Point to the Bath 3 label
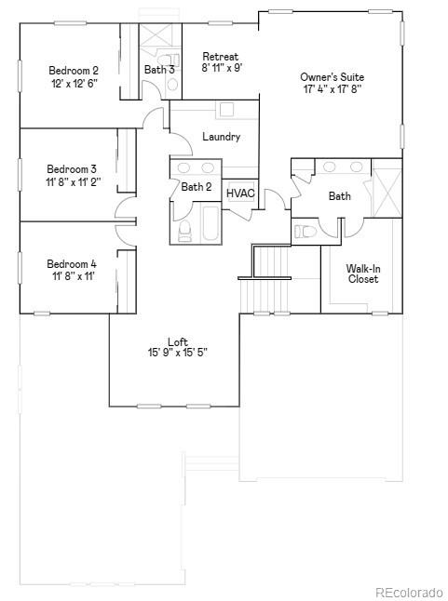(x=159, y=70)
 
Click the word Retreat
(x=220, y=57)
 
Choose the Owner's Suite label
(x=332, y=76)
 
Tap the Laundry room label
(x=222, y=137)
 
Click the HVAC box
(x=241, y=194)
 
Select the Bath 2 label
(x=197, y=187)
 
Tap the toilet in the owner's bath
(x=305, y=231)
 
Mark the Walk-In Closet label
(x=362, y=274)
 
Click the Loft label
(x=178, y=341)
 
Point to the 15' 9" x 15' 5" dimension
(x=178, y=353)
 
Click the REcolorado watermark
(x=409, y=591)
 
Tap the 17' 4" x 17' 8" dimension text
(x=332, y=89)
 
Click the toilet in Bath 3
(x=171, y=85)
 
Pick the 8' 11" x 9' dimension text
(x=223, y=68)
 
